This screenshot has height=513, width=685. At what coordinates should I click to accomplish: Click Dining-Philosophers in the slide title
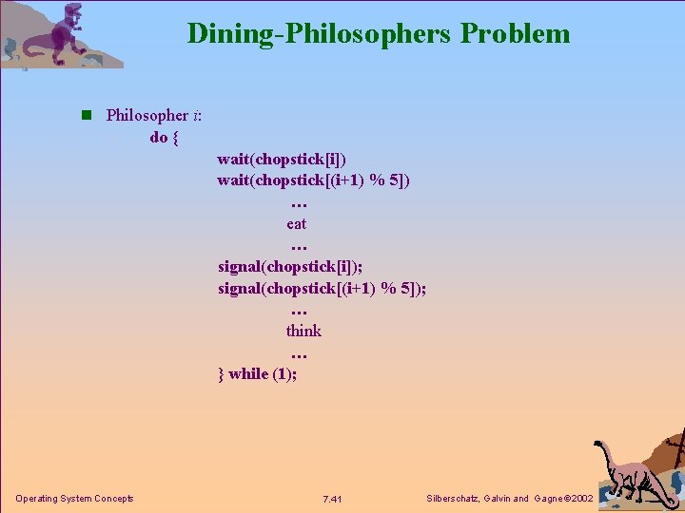coord(321,34)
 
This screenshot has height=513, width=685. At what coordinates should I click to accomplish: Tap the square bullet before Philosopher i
coord(86,116)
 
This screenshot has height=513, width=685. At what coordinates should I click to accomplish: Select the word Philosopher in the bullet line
coord(147,116)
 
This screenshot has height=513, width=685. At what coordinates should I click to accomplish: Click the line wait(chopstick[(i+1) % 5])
coord(314,180)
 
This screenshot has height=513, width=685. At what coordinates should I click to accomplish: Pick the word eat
coord(297,224)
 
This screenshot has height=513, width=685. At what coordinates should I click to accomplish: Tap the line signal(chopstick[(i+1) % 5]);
coord(322,288)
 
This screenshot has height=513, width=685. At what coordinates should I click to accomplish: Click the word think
coord(303,331)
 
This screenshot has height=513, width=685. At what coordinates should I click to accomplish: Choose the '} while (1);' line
coord(257,373)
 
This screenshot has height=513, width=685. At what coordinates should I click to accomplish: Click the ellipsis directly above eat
coord(298,203)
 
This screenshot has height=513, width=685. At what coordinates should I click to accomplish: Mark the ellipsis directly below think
coord(298,353)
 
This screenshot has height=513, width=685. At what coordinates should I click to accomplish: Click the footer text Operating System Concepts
coord(74,499)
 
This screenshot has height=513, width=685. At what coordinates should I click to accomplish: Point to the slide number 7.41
coord(332,500)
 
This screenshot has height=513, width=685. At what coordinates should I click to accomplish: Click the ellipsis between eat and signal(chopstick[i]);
coord(298,246)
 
